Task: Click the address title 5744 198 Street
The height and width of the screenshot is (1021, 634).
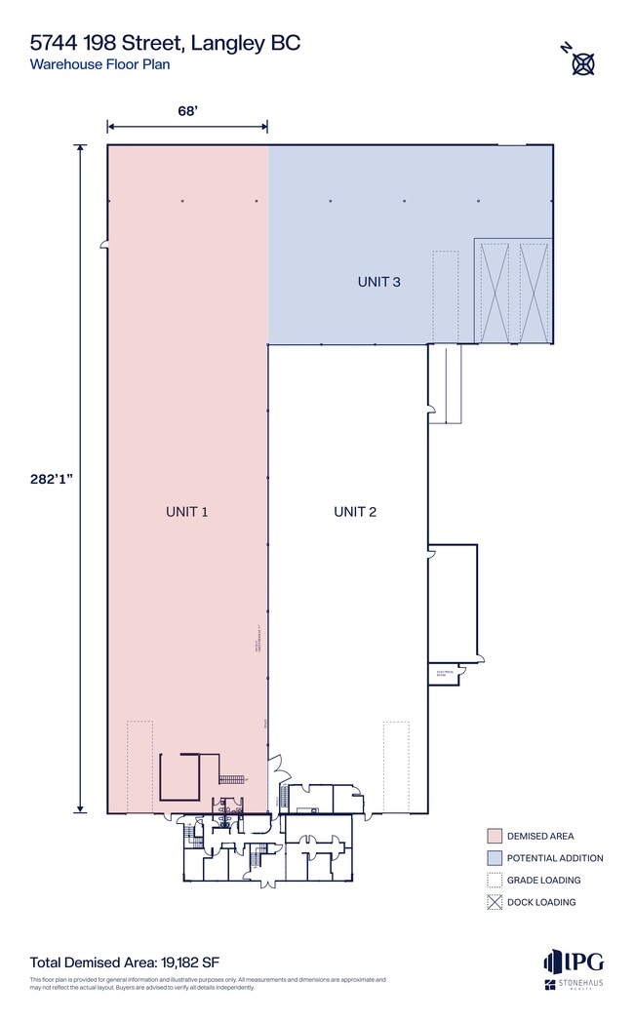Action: pyautogui.click(x=165, y=42)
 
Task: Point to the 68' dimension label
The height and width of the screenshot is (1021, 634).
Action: pyautogui.click(x=187, y=111)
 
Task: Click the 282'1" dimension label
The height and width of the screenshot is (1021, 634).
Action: pyautogui.click(x=50, y=478)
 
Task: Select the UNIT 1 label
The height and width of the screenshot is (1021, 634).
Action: pyautogui.click(x=187, y=511)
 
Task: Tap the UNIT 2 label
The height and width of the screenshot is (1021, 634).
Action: pyautogui.click(x=355, y=511)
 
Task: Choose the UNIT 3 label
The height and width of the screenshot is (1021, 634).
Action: pyautogui.click(x=379, y=282)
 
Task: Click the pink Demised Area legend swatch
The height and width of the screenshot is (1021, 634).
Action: pyautogui.click(x=495, y=836)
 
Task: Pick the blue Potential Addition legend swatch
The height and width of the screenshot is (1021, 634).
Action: pyautogui.click(x=495, y=858)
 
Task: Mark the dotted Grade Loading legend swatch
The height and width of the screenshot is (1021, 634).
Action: pyautogui.click(x=495, y=880)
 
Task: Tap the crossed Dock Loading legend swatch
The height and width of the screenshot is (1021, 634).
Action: pyautogui.click(x=495, y=902)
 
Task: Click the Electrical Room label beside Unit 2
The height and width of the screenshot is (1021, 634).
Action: pyautogui.click(x=441, y=673)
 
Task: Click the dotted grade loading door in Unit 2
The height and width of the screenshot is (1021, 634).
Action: pyautogui.click(x=396, y=766)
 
